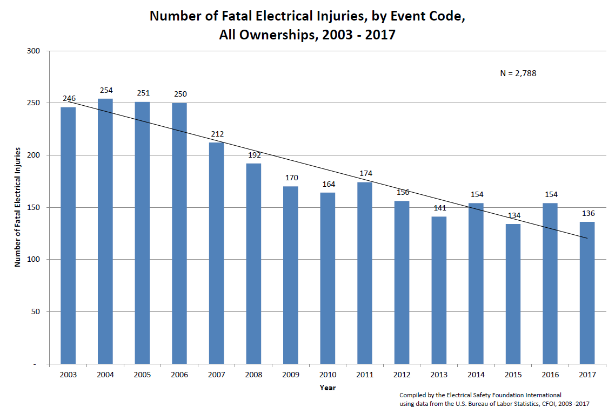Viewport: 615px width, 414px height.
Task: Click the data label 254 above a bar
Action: tap(106, 90)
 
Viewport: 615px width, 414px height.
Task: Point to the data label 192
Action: tap(254, 155)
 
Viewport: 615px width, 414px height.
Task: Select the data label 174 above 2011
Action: tap(365, 173)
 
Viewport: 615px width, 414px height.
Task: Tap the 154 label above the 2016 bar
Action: tap(550, 194)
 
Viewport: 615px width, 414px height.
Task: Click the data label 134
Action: tap(513, 216)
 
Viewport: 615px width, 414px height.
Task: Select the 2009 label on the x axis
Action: tap(291, 375)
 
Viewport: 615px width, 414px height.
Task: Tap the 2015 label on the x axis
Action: tap(513, 375)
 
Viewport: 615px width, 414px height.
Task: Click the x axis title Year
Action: tap(327, 388)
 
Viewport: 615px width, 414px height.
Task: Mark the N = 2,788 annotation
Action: tap(518, 73)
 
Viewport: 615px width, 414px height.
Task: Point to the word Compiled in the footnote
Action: tap(414, 395)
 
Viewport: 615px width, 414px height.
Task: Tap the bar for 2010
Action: tap(327, 278)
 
